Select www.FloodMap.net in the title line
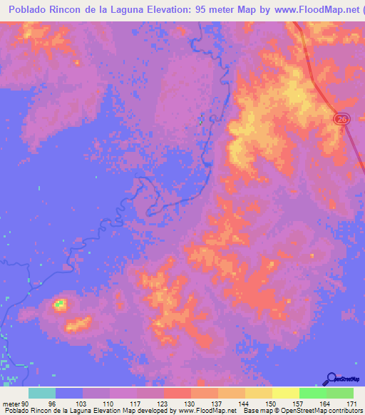coord(308,11)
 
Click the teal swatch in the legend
coord(41,393)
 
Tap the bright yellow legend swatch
coord(285,393)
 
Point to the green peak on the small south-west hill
coord(60,305)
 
